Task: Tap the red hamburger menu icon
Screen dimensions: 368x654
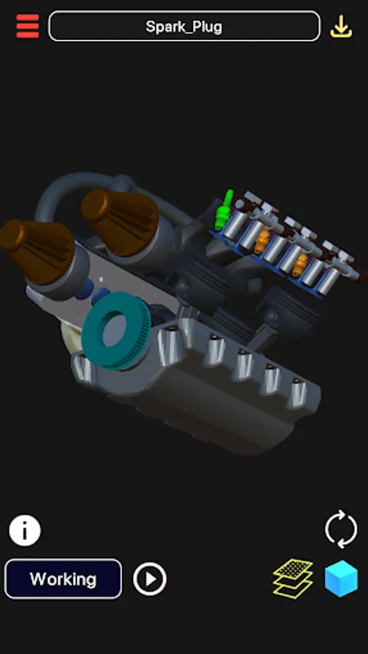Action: (x=28, y=26)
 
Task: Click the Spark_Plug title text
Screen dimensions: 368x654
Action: (x=184, y=27)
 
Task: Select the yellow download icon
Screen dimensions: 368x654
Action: (x=341, y=26)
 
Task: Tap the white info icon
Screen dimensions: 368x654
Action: (x=25, y=530)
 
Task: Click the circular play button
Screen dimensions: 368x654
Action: (x=150, y=579)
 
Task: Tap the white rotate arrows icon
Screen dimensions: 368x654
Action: (x=341, y=529)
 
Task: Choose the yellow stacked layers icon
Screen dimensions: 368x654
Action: (x=293, y=578)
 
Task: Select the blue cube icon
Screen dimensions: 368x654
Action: (x=342, y=579)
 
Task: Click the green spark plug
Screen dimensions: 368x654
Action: (x=223, y=210)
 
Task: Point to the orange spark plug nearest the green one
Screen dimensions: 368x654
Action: (x=263, y=241)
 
